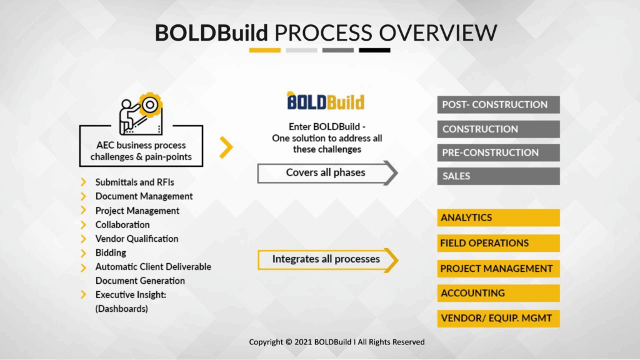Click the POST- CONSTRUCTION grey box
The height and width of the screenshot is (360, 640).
pos(498,105)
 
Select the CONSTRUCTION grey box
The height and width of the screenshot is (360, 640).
pos(498,129)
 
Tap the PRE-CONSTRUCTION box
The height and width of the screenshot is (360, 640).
pos(498,152)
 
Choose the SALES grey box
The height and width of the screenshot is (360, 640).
pos(498,176)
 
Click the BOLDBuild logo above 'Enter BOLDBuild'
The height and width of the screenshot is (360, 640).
pos(325,101)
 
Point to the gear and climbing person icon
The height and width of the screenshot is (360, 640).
pos(141,112)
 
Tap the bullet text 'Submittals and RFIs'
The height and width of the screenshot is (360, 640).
pos(134,182)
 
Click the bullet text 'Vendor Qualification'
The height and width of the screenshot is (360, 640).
pos(136,239)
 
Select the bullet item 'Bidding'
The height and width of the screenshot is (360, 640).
pos(111,253)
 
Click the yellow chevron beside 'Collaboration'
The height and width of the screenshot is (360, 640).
pos(83,225)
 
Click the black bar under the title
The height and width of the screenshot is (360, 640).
pos(374,50)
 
